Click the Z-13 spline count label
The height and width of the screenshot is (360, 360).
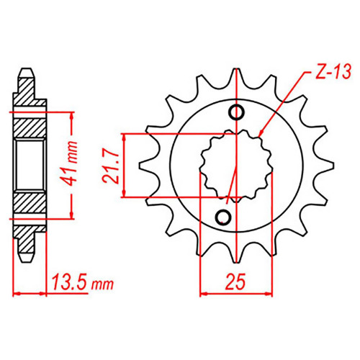click(333, 71)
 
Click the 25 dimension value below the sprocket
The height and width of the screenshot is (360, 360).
click(235, 281)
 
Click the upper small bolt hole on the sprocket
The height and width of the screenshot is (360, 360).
click(237, 112)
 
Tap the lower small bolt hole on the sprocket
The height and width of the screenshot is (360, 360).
click(223, 217)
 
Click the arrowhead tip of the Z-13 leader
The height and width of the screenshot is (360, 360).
click(259, 137)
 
